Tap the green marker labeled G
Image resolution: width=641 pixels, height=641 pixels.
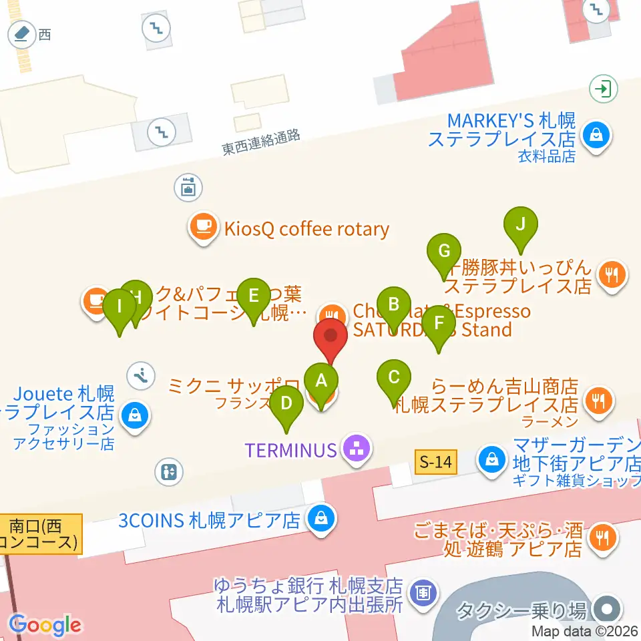click(444, 252)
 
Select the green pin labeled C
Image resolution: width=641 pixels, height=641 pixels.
click(394, 379)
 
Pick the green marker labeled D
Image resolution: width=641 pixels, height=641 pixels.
click(286, 405)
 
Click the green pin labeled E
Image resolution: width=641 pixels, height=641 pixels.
click(253, 296)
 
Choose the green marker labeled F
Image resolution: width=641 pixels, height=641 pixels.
click(439, 324)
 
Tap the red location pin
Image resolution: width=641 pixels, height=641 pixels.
click(331, 337)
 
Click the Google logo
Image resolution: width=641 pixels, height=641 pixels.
click(45, 624)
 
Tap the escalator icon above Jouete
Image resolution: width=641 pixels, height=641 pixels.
click(141, 375)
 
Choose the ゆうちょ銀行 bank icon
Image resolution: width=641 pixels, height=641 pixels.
click(422, 592)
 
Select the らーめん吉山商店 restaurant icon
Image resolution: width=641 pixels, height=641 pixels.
click(596, 401)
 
